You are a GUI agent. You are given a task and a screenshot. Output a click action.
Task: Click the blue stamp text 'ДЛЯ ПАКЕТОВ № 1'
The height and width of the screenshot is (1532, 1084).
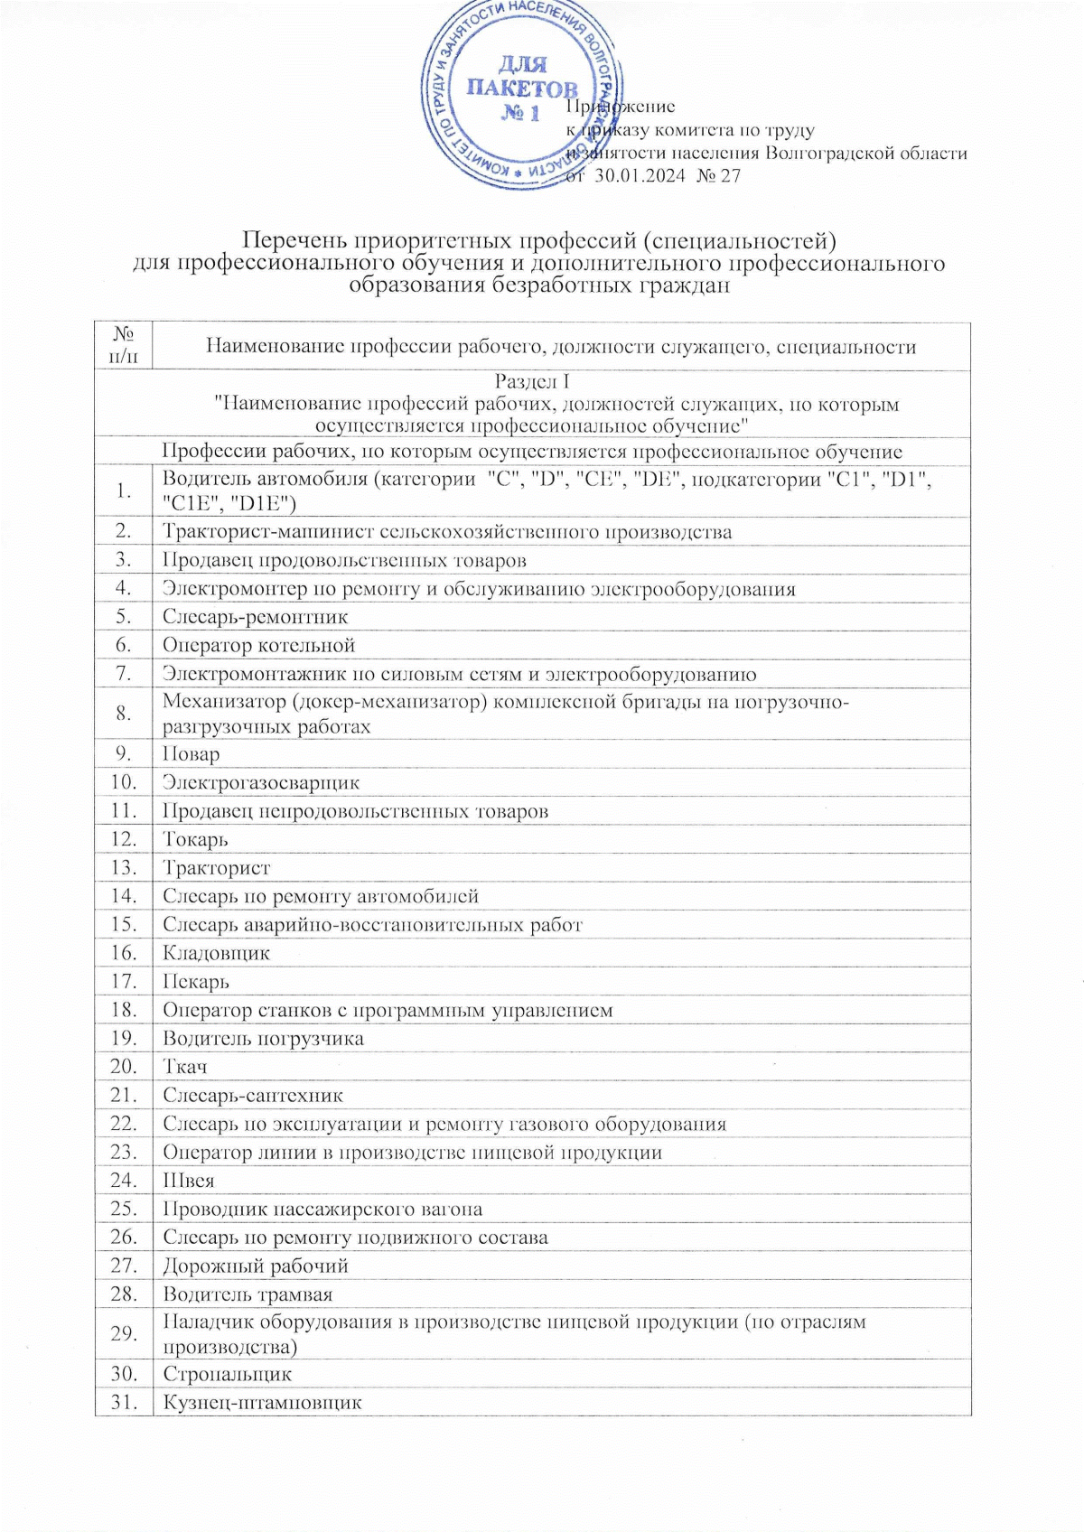(521, 89)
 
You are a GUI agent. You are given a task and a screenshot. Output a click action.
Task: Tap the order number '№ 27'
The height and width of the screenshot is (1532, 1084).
(720, 175)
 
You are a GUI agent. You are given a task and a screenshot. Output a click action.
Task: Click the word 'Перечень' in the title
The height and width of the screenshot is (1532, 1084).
(294, 241)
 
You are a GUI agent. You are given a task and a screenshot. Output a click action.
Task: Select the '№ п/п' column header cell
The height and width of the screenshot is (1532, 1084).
(124, 346)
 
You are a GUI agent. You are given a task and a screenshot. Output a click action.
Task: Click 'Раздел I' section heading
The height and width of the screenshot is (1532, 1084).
(532, 381)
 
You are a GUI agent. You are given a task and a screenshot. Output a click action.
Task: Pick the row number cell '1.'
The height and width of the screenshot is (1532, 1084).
(124, 490)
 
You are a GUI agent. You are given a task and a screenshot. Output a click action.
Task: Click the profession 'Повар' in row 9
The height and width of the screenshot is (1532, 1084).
(191, 754)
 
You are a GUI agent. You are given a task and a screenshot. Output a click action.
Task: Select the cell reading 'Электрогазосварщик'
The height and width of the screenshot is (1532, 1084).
(261, 782)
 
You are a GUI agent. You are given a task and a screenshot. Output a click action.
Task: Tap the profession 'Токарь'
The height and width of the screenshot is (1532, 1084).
(195, 839)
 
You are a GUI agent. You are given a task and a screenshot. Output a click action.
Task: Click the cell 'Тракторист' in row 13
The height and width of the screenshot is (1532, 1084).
(216, 868)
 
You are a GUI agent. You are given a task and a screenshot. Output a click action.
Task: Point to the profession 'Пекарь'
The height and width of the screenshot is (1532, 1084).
(196, 981)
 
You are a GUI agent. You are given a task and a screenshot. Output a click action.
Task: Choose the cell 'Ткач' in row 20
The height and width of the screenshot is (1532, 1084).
(185, 1067)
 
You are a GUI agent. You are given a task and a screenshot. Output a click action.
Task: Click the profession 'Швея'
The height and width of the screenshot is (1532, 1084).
(188, 1181)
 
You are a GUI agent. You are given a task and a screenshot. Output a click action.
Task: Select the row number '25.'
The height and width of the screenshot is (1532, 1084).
(124, 1209)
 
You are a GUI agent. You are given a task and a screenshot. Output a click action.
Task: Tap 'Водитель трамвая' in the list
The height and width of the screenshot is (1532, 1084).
(248, 1294)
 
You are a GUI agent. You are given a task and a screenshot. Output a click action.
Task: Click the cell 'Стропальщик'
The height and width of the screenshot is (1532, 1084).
(227, 1374)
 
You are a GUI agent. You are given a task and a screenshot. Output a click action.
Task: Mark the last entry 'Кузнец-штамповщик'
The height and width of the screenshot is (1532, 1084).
(262, 1403)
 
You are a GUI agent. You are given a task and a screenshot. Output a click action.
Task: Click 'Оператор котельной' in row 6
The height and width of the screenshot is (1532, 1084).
(258, 646)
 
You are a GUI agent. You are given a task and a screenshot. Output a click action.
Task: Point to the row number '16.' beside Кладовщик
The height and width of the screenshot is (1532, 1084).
(124, 953)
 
